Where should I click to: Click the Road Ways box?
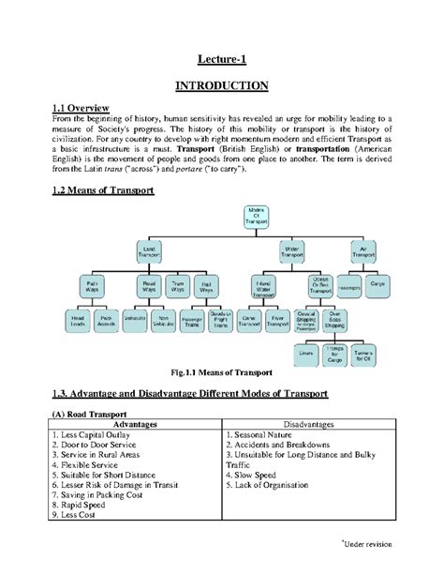click(148, 285)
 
